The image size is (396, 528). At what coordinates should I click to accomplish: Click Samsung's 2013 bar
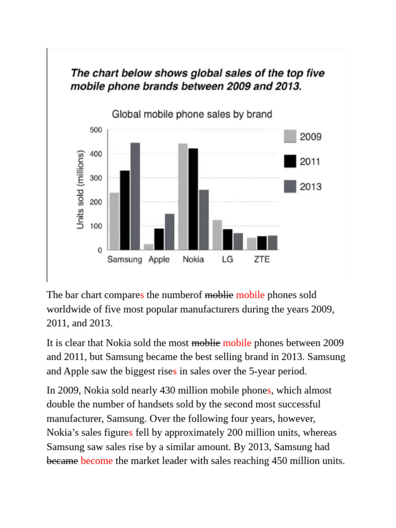(135, 196)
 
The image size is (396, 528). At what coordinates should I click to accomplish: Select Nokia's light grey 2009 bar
(183, 196)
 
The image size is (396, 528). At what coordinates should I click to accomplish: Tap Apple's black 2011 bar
(159, 239)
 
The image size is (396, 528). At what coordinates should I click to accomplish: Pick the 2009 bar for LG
(217, 235)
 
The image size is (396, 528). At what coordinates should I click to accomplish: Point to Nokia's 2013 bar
(204, 220)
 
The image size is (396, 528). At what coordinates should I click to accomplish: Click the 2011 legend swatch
(290, 161)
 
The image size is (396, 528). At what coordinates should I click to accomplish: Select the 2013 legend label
(310, 186)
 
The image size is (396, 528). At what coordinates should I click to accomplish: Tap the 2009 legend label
(310, 137)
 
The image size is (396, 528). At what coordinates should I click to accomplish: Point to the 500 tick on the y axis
(96, 129)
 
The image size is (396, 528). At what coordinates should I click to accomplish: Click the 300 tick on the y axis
(96, 178)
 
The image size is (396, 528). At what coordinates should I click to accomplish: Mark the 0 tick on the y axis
(100, 250)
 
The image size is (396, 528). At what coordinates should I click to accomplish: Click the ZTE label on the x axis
(261, 259)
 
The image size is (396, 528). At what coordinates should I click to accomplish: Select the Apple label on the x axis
(159, 259)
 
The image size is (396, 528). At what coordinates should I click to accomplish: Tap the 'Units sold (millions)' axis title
(80, 190)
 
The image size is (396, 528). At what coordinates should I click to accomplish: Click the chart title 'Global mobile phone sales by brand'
(192, 114)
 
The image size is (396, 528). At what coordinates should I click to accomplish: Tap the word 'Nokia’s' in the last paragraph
(63, 432)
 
